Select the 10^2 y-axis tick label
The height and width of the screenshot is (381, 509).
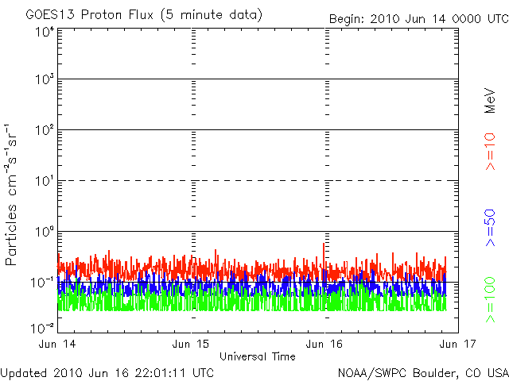point(43,132)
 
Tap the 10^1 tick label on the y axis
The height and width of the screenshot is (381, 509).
point(43,183)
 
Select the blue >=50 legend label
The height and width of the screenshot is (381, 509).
point(491,227)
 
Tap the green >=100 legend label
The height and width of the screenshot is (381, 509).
point(491,299)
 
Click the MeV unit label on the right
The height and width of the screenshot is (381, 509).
point(491,101)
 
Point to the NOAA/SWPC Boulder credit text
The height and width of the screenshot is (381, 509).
point(421,371)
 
